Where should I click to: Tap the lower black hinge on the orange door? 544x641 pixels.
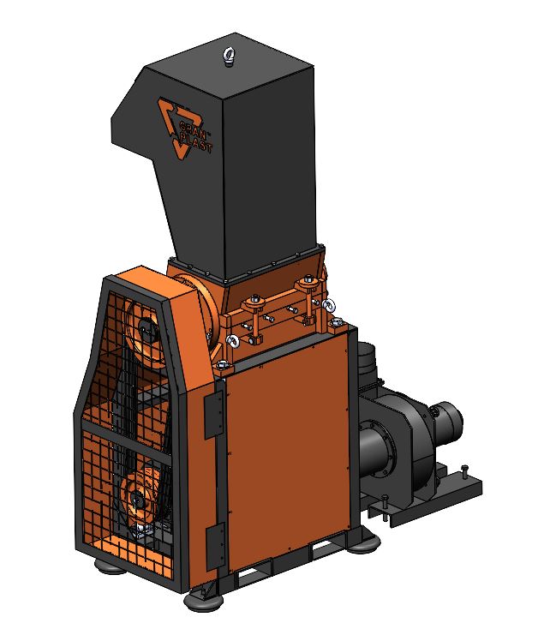(x=214, y=547)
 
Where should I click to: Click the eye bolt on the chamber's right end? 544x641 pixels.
(x=329, y=304)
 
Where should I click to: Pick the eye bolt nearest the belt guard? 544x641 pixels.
(x=232, y=340)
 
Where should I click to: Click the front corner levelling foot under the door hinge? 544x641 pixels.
(x=203, y=600)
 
